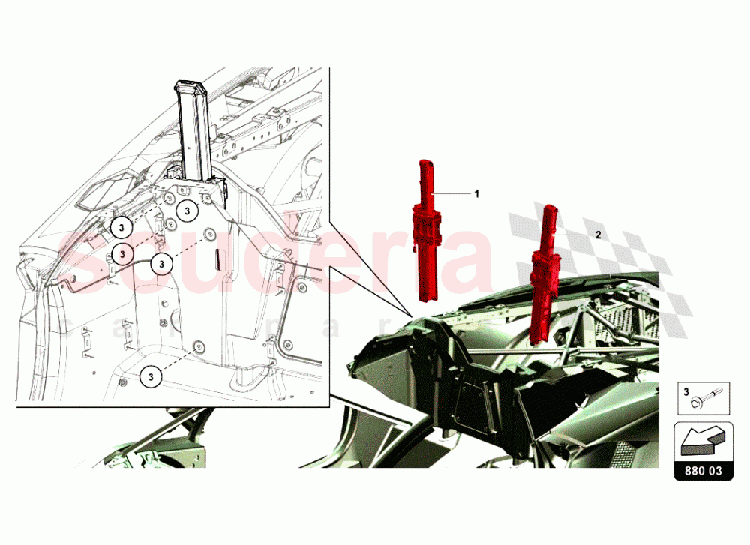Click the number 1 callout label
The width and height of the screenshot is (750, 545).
point(475,193)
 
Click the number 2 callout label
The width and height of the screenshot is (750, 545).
point(598,235)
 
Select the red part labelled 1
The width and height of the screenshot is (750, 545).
point(427,232)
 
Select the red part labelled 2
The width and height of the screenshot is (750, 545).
point(544,274)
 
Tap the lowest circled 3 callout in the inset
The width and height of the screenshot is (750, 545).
point(151,375)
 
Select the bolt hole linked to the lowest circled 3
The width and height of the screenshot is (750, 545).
point(199,347)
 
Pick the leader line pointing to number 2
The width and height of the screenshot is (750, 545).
point(574,235)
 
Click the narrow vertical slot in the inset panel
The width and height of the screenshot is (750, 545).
point(212,259)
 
